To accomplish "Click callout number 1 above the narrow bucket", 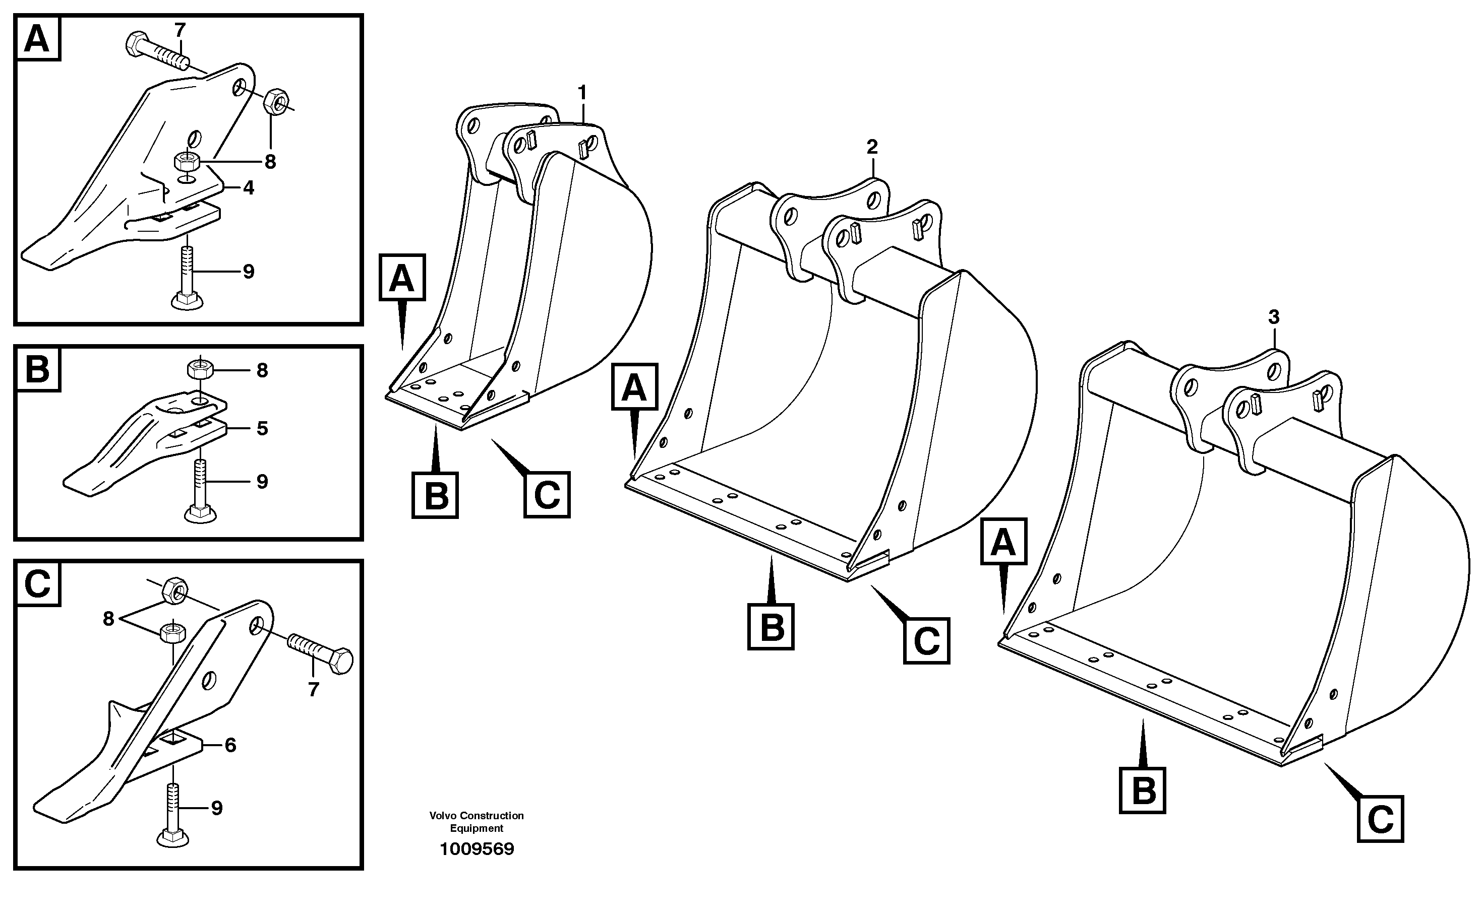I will point(582,93).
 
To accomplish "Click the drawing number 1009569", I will point(477,849).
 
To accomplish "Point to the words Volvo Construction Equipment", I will point(477,821).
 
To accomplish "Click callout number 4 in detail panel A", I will point(248,188).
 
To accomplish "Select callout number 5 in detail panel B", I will point(262,429).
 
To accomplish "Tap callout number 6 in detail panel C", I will point(230,745).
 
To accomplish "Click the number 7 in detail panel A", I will point(180,29).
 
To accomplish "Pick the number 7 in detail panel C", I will point(313,690).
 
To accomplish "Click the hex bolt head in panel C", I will point(340,661).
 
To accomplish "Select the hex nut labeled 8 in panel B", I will point(199,369).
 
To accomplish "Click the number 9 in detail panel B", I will point(262,482).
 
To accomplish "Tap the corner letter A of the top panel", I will point(37,38).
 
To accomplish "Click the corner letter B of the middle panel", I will point(37,369).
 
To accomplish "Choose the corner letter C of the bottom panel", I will point(37,584).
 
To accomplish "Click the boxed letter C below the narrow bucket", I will point(547,495).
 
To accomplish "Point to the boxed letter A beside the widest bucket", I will point(1003,542).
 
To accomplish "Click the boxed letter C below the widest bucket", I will point(1380,819).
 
